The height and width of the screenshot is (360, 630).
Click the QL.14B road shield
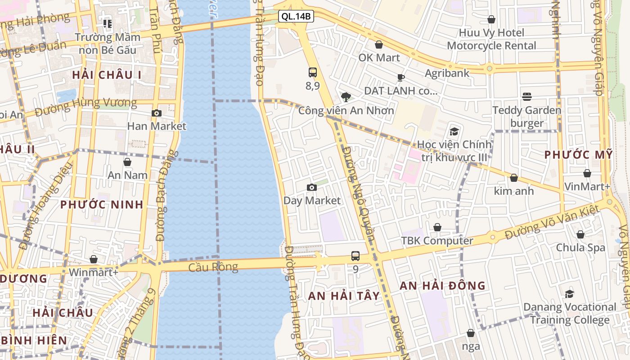(296, 17)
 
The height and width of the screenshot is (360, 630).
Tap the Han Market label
(156, 126)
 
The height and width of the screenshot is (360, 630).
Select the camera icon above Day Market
(311, 187)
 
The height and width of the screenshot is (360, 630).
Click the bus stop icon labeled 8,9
(313, 72)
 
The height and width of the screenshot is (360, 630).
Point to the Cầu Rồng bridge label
(213, 267)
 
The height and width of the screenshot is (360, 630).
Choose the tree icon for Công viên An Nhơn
(346, 97)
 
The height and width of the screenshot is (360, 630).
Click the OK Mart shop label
(379, 58)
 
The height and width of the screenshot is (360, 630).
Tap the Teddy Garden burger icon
(527, 97)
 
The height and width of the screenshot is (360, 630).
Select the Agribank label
(447, 73)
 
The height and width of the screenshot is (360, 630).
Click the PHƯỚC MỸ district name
(578, 154)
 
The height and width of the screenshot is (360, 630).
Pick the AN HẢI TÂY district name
(344, 296)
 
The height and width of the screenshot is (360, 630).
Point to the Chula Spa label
(580, 247)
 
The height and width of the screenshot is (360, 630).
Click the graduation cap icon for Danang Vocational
(569, 294)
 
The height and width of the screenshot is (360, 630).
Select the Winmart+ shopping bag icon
(94, 259)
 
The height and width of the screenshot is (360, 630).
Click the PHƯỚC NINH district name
(102, 204)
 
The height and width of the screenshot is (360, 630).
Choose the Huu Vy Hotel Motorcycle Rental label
(491, 39)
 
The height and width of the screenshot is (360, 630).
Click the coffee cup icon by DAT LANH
(400, 78)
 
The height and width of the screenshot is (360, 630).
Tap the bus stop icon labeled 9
(355, 256)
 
